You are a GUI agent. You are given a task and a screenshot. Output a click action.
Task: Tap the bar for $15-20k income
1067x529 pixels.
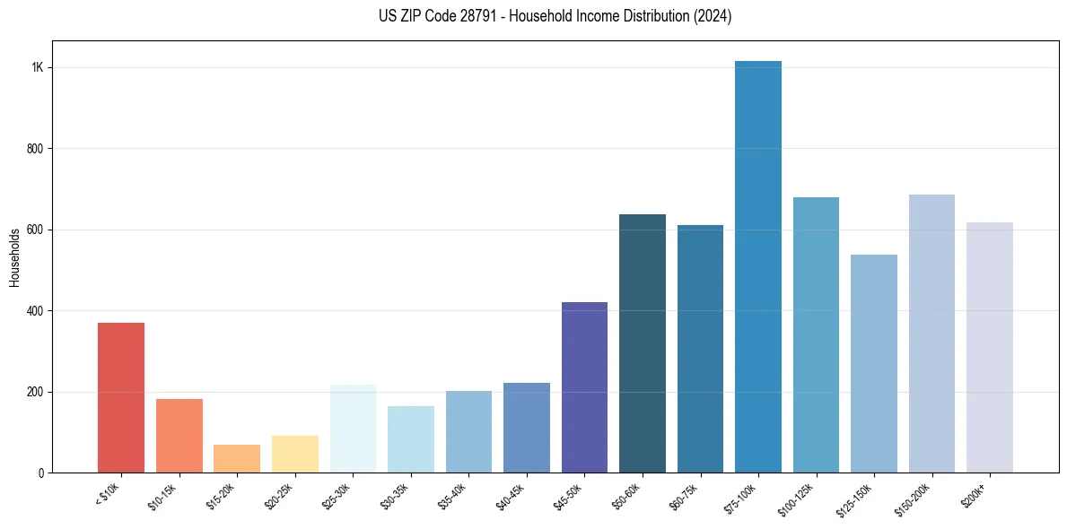pyautogui.click(x=237, y=458)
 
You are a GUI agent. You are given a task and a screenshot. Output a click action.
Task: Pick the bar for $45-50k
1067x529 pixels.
pyautogui.click(x=584, y=387)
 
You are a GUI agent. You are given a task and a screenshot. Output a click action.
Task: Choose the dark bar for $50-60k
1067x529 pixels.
pyautogui.click(x=643, y=343)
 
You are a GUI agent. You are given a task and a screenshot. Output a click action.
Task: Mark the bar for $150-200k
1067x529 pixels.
pyautogui.click(x=931, y=334)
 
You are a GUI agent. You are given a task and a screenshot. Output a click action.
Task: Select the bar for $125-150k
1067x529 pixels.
pyautogui.click(x=874, y=363)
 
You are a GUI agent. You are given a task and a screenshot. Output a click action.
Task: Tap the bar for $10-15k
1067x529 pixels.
pyautogui.click(x=179, y=436)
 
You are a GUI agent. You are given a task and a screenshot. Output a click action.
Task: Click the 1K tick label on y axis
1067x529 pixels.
pyautogui.click(x=38, y=68)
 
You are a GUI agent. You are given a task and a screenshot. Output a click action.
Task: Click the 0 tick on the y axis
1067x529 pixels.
pyautogui.click(x=40, y=473)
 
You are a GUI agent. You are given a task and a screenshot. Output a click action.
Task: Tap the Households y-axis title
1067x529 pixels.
pyautogui.click(x=14, y=257)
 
